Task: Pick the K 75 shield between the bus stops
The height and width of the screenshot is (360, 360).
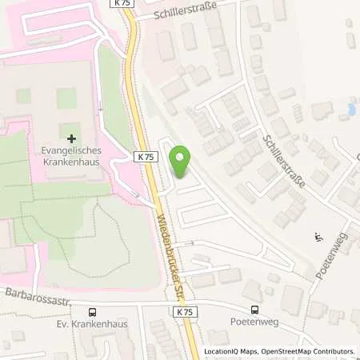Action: (184, 310)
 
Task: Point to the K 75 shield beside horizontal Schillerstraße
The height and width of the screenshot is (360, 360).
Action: (123, 4)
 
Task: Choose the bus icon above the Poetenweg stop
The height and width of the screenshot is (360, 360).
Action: (254, 310)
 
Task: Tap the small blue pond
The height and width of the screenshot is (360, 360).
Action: (350, 110)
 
